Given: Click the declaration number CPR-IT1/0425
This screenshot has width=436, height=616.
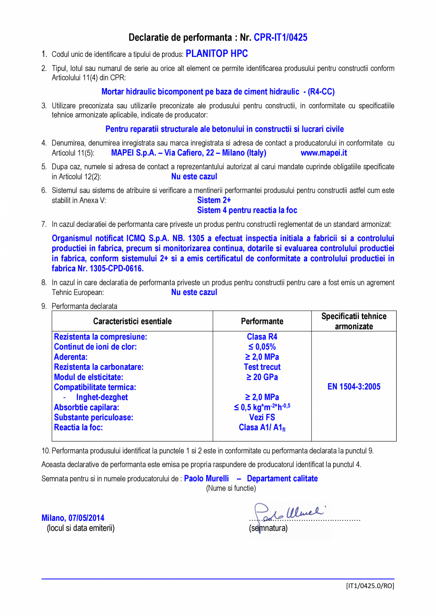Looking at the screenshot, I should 281,37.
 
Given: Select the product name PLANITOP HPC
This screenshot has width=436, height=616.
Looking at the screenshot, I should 217,54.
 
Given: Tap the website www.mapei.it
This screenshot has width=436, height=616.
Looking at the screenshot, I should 324,153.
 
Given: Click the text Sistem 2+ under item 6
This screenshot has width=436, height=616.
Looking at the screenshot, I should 214,200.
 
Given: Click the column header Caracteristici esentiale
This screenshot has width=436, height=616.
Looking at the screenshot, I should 132,321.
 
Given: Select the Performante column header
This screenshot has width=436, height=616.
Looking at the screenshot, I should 262,321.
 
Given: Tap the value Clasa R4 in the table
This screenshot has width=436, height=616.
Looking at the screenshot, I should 262,337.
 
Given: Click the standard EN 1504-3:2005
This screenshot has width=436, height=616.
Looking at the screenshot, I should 354,386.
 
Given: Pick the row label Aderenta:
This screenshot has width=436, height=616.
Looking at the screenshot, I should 71,357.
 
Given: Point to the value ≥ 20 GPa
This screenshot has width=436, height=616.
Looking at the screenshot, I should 262,377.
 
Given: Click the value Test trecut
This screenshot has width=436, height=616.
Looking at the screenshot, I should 262,367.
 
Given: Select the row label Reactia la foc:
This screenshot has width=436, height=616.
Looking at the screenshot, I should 78,427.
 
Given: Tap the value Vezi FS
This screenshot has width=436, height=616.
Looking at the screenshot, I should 262,417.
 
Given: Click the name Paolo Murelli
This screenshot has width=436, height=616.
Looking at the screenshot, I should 206,479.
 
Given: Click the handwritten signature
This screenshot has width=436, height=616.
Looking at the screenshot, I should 289,512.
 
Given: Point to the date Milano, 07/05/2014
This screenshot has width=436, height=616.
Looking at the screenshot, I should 73,518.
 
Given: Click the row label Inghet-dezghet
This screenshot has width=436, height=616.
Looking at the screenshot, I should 102,397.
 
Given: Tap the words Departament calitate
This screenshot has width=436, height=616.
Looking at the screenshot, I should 282,479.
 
